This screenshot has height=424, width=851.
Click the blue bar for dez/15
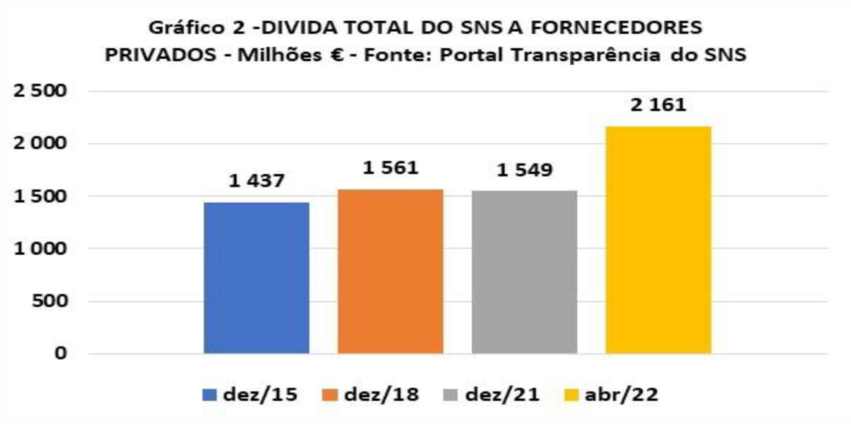point(256,278)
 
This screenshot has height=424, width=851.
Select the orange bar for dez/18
point(390,271)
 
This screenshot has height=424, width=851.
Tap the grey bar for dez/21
point(524,272)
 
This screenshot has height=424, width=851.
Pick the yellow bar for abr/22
point(658,240)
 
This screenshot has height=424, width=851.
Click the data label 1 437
point(256,181)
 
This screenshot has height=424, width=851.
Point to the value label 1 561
point(390,168)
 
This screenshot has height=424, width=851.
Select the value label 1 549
point(524,170)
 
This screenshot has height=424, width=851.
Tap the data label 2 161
point(658,105)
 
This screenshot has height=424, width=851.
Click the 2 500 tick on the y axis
point(40,91)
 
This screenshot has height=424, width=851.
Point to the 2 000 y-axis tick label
point(40,143)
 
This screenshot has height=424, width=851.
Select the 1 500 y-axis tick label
point(40,196)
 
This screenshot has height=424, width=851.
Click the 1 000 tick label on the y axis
point(40,249)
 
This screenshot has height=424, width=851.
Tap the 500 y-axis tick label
point(50,301)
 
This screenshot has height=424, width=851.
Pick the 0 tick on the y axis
point(60,353)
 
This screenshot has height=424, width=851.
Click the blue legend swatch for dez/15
point(209,394)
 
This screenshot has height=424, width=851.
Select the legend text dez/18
point(381,394)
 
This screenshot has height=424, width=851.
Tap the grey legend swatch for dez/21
point(450,394)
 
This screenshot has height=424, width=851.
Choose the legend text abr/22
point(621,394)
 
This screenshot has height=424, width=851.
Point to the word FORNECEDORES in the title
point(616,28)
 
